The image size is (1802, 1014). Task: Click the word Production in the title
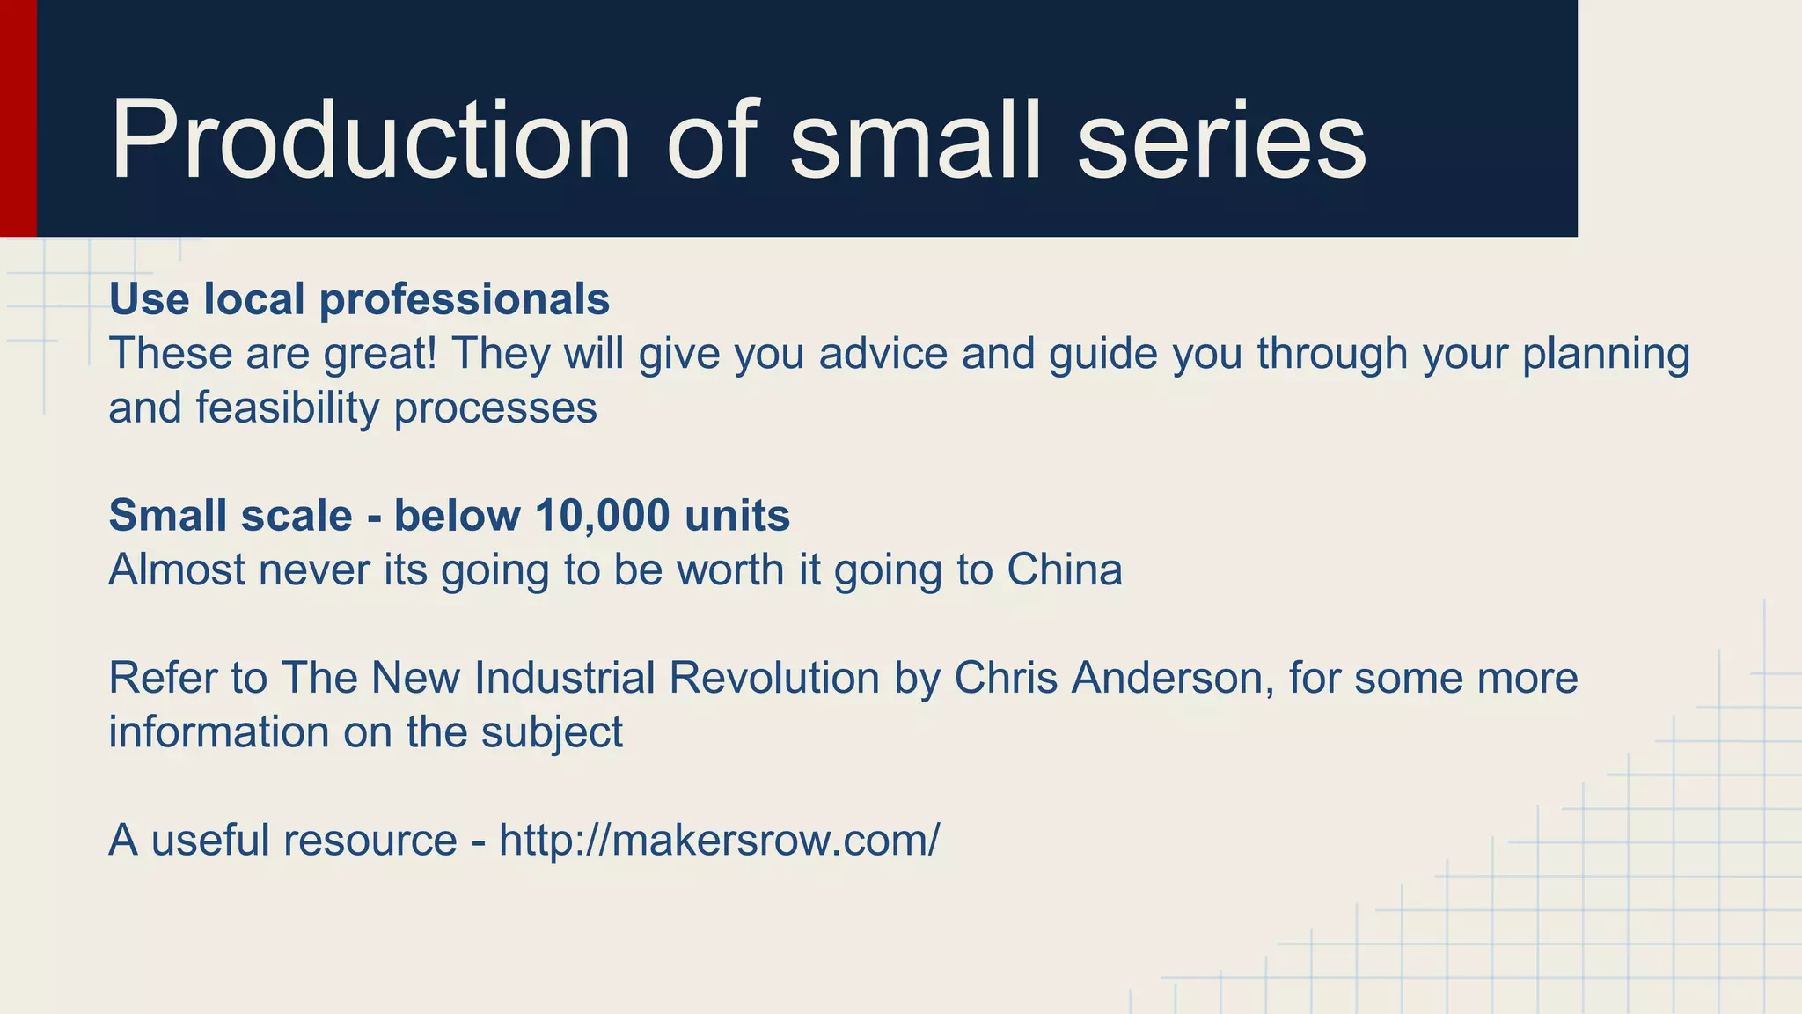point(370,141)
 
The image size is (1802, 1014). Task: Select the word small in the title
point(915,141)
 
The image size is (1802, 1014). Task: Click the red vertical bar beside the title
point(18,118)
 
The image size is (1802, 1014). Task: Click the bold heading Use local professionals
point(359,299)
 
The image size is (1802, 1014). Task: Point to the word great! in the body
point(380,355)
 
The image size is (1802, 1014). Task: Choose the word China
point(1065,569)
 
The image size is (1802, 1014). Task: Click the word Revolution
point(774,678)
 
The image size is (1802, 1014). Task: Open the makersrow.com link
point(719,840)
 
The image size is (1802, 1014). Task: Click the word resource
point(370,840)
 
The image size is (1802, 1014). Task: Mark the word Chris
point(1006,678)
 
